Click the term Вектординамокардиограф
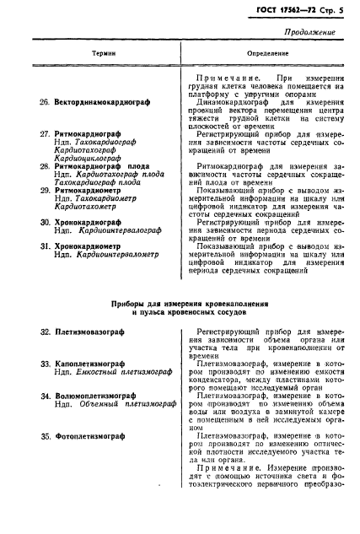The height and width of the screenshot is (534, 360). tap(100, 101)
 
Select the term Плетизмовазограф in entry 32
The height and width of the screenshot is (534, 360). tap(89, 333)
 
